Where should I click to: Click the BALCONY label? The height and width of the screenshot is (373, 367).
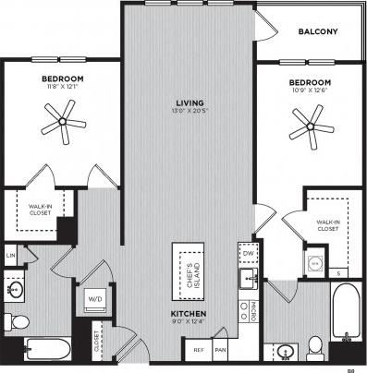[317, 31]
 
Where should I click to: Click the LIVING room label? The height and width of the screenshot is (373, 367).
[190, 102]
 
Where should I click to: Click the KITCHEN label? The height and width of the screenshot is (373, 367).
[188, 314]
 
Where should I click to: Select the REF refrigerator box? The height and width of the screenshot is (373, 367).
[199, 350]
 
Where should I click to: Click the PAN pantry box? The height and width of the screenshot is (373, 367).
[221, 350]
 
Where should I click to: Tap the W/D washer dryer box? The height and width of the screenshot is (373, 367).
[95, 299]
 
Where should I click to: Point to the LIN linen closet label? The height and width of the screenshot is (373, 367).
[11, 255]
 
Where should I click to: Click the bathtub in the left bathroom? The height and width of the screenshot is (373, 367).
[45, 349]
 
